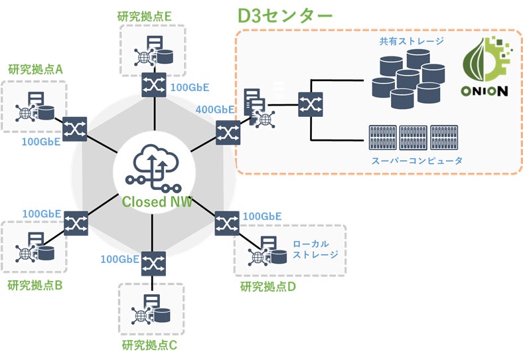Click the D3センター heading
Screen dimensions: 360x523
point(285,16)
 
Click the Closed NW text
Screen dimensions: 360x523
point(157,201)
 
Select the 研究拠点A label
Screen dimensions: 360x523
point(35,69)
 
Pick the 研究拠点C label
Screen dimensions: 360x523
point(150,345)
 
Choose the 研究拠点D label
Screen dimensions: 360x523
point(267,287)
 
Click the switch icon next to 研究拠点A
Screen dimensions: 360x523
point(72,126)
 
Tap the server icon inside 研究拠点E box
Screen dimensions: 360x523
point(149,52)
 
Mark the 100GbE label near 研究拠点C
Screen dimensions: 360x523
point(119,258)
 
